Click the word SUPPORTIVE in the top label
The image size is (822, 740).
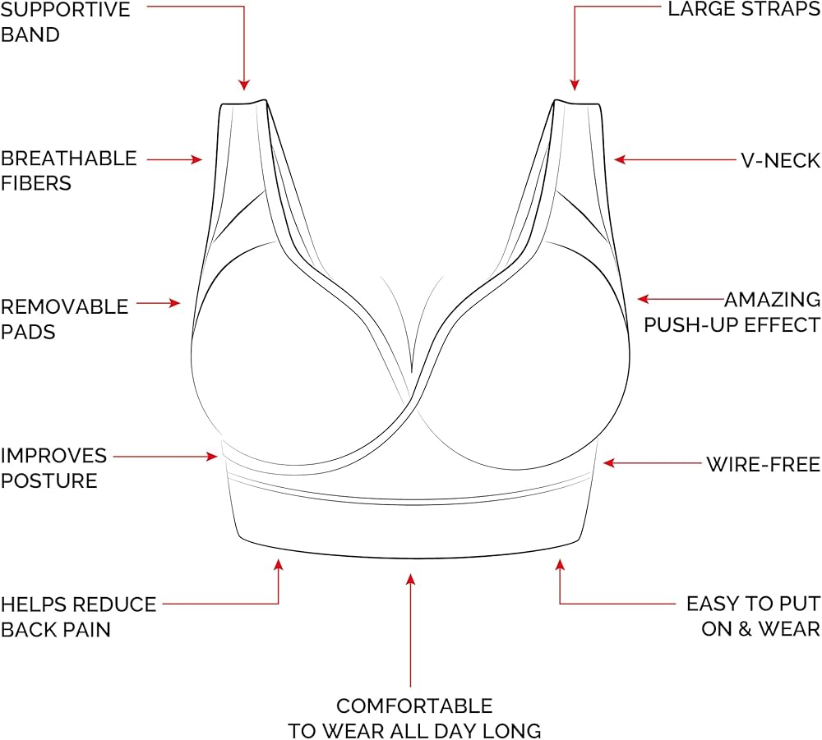pos(65,9)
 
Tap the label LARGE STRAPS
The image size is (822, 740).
pos(744,9)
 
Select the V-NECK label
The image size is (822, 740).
pos(781,161)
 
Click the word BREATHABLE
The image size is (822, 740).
pos(69,159)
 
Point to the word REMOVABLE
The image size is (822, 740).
pos(64,307)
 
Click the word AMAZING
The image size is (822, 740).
pos(773,300)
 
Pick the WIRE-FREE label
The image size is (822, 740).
pos(764,465)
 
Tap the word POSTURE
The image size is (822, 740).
pos(48,480)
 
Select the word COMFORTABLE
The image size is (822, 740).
pos(414,706)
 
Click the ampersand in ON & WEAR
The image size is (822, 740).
pos(744,629)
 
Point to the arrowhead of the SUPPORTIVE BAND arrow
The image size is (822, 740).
pos(244,85)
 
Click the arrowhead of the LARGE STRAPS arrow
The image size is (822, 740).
pos(575,85)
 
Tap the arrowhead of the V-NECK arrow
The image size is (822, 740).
pos(620,159)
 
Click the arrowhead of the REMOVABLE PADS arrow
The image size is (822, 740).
pos(174,303)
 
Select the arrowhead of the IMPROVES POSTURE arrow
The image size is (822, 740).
pos(212,457)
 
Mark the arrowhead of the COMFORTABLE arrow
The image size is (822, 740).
pos(410,579)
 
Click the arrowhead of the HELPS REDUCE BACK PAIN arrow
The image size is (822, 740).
pos(279,565)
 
